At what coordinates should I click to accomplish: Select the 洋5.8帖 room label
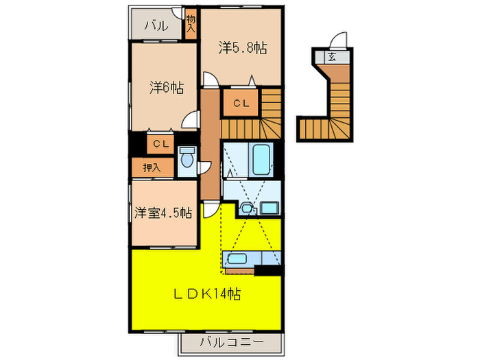242,48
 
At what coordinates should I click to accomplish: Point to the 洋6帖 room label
166,87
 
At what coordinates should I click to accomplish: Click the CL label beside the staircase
240,104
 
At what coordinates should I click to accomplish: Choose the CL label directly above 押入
160,144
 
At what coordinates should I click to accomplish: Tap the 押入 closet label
152,167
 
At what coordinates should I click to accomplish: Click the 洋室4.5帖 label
163,212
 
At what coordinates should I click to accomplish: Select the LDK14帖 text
205,293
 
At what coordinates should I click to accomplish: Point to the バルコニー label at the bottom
230,341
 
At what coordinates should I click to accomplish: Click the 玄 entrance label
332,58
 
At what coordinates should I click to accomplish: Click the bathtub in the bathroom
262,159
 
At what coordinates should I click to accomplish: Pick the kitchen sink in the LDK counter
237,259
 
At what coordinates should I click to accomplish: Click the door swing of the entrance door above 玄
337,40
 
